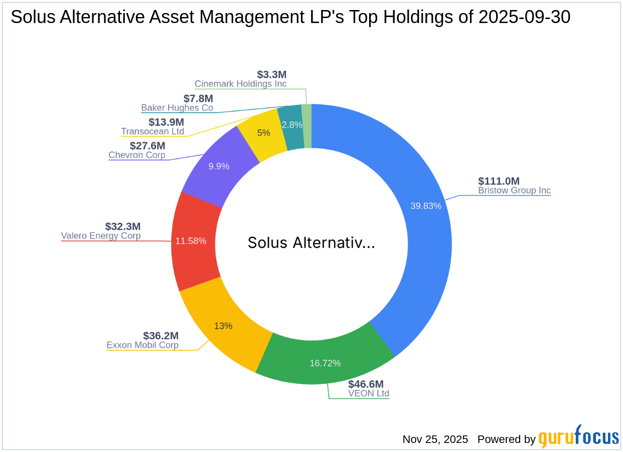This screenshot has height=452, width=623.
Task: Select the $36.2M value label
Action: click(x=161, y=336)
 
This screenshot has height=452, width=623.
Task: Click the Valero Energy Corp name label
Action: click(x=101, y=236)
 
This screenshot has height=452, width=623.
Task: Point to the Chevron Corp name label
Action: click(x=137, y=155)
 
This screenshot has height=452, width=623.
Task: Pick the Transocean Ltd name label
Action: click(x=152, y=131)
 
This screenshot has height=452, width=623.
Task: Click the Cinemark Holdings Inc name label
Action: click(x=241, y=84)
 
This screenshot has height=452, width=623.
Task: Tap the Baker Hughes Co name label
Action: click(x=177, y=108)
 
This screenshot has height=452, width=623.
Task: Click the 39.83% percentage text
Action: click(x=425, y=206)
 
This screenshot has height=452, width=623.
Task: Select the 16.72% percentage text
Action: click(x=325, y=363)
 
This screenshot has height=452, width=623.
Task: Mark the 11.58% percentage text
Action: click(x=191, y=241)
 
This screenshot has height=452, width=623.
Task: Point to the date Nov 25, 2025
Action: click(x=435, y=439)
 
